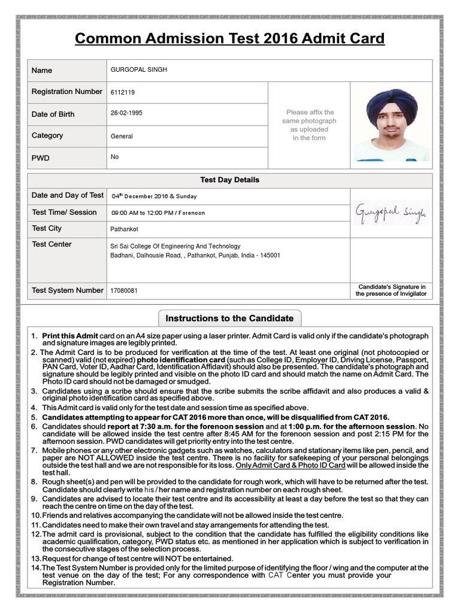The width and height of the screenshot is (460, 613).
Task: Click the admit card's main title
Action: (x=229, y=39)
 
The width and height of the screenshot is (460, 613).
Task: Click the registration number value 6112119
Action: (x=123, y=93)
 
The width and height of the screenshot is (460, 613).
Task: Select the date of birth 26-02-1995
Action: (x=126, y=113)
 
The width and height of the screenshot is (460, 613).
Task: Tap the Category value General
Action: (x=122, y=136)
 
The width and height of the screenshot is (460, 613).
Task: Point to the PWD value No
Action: (x=115, y=157)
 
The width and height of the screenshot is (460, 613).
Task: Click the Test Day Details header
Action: (x=229, y=180)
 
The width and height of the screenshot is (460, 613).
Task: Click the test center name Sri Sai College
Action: (x=175, y=246)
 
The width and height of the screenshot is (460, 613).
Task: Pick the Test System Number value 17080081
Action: (x=124, y=290)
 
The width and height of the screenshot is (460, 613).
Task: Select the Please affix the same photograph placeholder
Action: (x=309, y=125)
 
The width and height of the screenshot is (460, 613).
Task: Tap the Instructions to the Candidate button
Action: (x=229, y=318)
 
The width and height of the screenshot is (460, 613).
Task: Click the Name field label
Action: (x=42, y=70)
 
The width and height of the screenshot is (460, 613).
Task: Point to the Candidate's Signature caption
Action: (x=391, y=290)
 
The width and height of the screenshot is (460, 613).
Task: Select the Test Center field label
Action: (x=52, y=244)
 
